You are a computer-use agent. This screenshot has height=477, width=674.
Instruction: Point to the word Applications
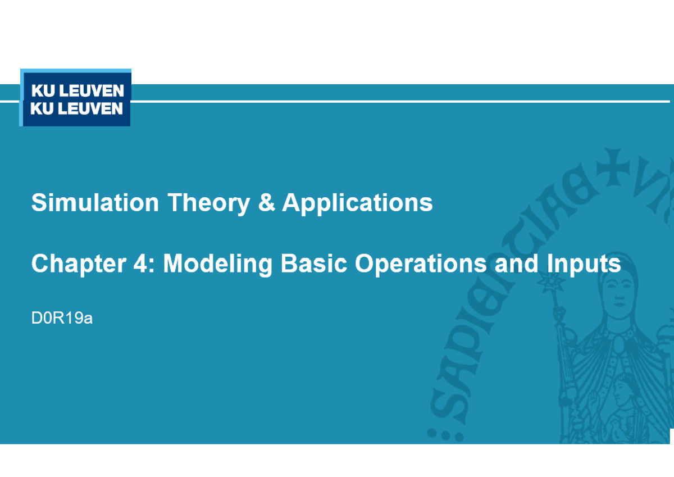pos(357,203)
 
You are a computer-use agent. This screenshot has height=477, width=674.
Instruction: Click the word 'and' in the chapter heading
pos(514,264)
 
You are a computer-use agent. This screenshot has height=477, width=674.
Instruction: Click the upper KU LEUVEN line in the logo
pos(76,91)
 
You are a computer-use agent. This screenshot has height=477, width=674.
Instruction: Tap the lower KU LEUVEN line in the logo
pos(76,108)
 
